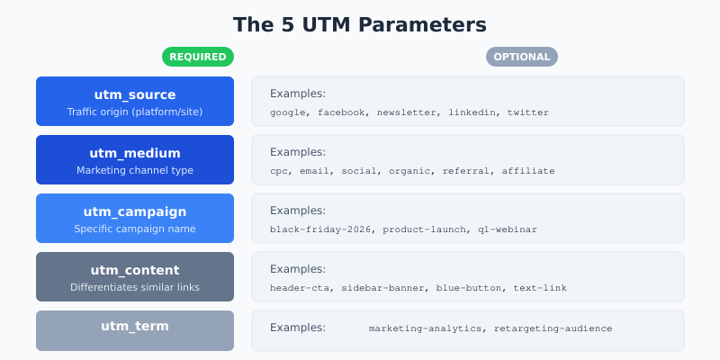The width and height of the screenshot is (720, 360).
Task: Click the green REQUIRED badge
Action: click(198, 57)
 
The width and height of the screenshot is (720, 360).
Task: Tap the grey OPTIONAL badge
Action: click(522, 57)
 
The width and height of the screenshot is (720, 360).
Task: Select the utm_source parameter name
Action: click(135, 94)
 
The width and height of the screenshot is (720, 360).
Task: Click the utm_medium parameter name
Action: click(135, 153)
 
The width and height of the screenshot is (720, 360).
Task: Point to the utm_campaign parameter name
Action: click(135, 211)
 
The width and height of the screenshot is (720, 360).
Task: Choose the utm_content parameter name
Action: click(135, 270)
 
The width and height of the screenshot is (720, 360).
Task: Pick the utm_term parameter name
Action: click(135, 326)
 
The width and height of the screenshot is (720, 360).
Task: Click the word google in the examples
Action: click(288, 112)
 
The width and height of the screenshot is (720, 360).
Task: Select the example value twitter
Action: click(527, 112)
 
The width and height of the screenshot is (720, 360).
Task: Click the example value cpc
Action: click(279, 171)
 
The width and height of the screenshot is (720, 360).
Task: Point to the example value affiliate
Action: click(528, 171)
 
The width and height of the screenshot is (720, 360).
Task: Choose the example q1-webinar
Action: click(508, 229)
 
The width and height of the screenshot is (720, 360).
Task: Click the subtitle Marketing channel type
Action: click(135, 170)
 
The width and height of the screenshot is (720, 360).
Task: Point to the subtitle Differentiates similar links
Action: click(135, 287)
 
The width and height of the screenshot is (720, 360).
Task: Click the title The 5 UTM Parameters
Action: click(360, 24)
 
